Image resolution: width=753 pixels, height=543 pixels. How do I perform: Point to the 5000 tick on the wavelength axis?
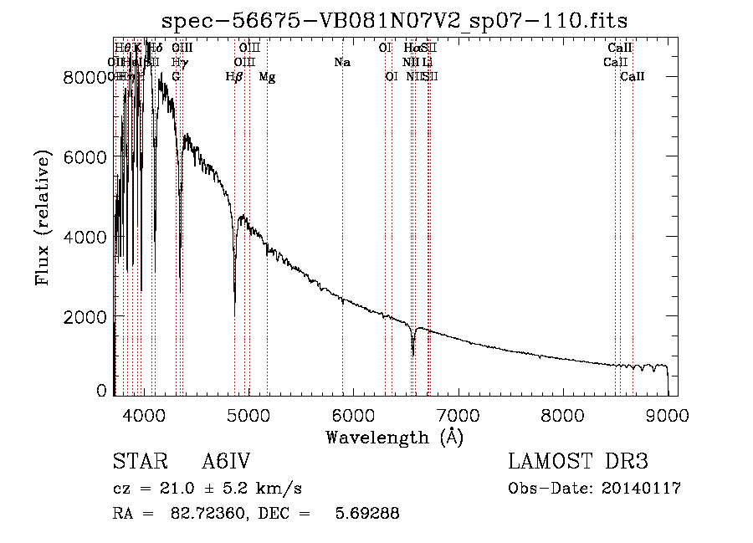point(248,414)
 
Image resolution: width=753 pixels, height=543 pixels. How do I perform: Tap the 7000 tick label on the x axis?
point(458,414)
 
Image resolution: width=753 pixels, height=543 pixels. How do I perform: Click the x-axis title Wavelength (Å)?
point(394,437)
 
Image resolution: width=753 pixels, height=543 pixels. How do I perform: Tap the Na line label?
point(341,62)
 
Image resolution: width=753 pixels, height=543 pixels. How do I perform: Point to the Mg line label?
point(266,76)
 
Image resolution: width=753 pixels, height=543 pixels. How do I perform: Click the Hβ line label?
point(234,76)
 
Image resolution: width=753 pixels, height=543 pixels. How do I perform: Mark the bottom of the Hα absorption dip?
point(412,354)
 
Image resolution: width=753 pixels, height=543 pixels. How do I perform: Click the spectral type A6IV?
point(226,462)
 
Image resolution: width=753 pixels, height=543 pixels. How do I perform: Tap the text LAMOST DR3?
point(577,462)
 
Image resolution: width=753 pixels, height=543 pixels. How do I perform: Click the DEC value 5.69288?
point(366,513)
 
